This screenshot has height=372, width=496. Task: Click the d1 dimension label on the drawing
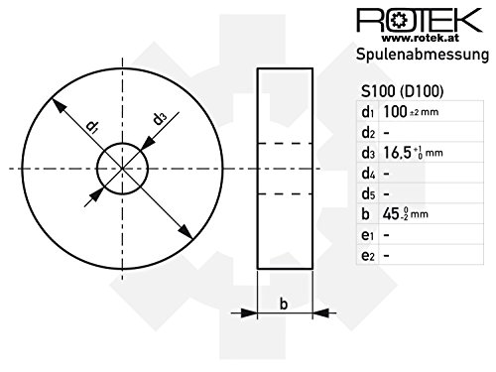(91, 127)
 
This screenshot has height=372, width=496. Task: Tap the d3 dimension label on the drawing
(159, 120)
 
